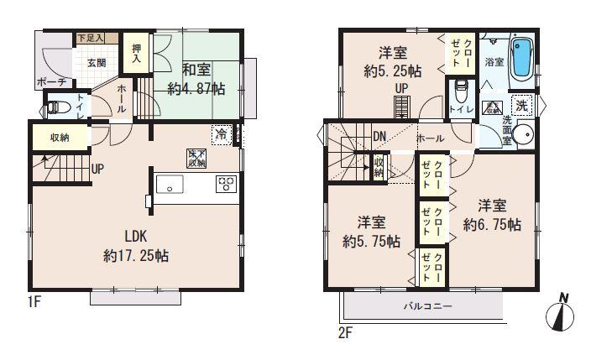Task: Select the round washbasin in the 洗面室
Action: click(x=525, y=135)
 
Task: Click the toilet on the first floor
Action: click(x=55, y=107)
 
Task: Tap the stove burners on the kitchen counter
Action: click(x=226, y=183)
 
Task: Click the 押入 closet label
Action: click(x=137, y=55)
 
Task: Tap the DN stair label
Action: click(x=379, y=137)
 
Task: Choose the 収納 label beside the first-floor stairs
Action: click(x=59, y=138)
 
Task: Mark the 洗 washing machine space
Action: click(x=522, y=106)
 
